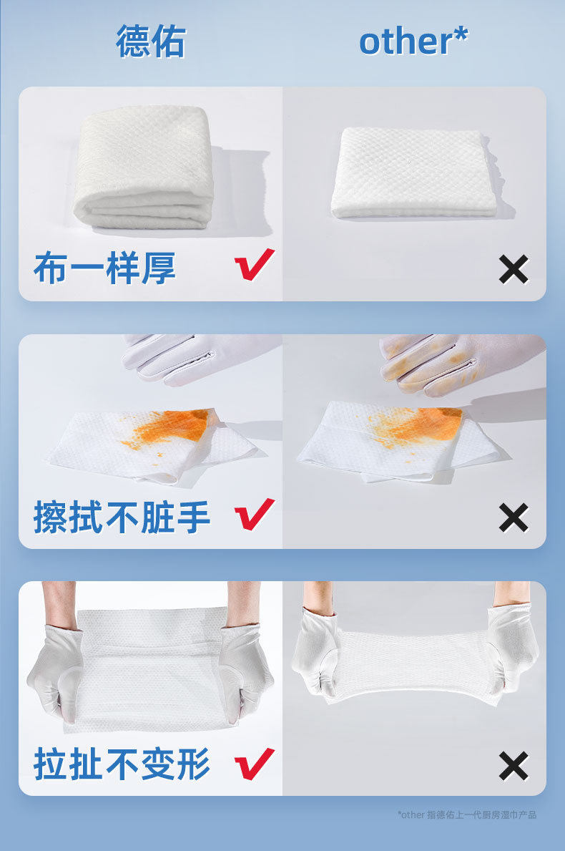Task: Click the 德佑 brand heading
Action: [151, 42]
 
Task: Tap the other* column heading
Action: [413, 41]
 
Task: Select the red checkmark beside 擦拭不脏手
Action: [254, 514]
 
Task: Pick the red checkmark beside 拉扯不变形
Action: [254, 764]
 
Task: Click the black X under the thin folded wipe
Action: [513, 270]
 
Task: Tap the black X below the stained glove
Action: [513, 517]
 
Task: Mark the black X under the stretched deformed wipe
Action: [513, 766]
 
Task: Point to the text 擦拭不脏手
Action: [122, 517]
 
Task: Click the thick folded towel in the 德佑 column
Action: [143, 167]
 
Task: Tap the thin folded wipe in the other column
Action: [413, 172]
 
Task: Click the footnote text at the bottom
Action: [467, 814]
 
